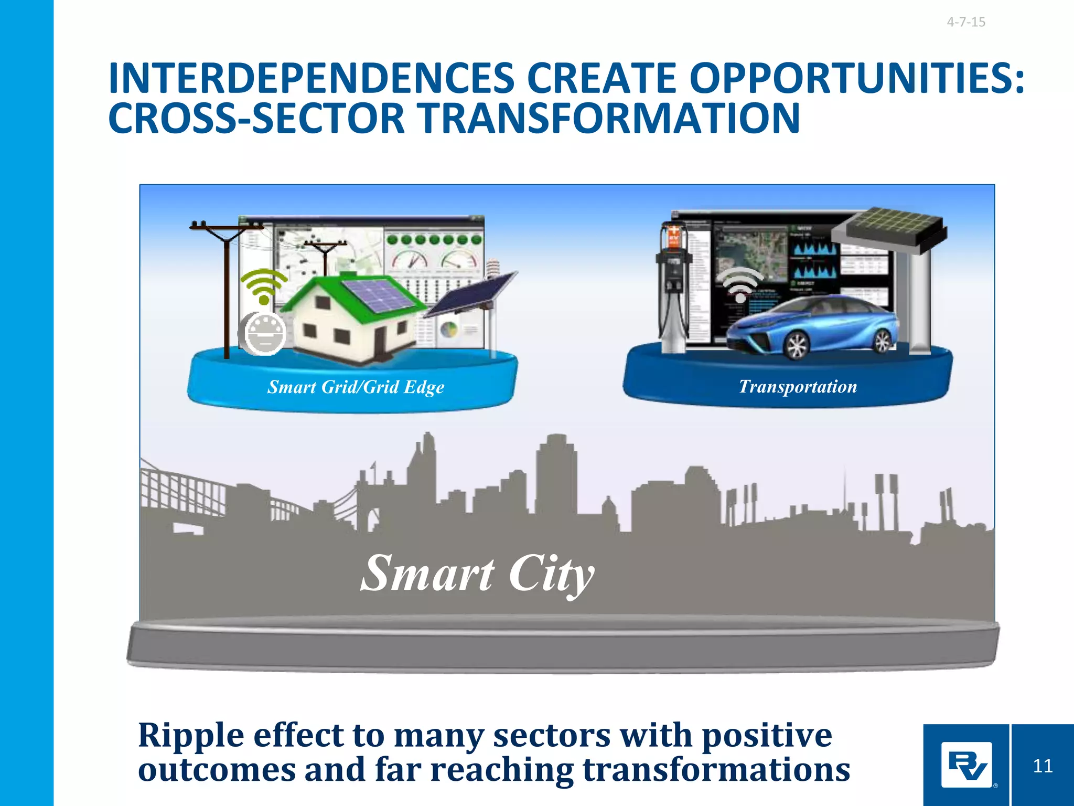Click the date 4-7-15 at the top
click(966, 22)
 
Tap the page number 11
click(1043, 766)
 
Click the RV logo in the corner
click(966, 765)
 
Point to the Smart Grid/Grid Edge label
click(356, 387)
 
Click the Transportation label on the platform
click(798, 387)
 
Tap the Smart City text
click(477, 574)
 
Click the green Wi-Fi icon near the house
click(264, 286)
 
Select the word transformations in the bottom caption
click(716, 770)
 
